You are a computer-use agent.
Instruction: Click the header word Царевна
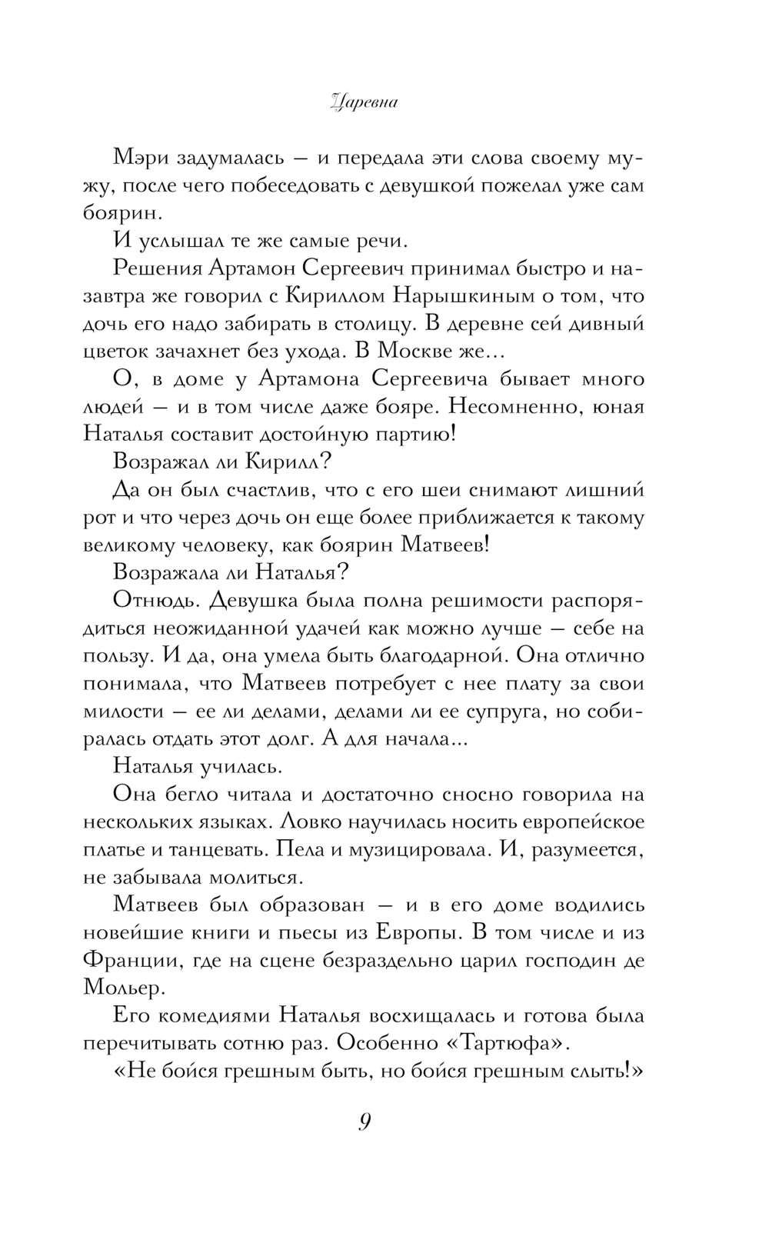362,103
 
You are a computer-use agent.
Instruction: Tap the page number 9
365,1122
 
